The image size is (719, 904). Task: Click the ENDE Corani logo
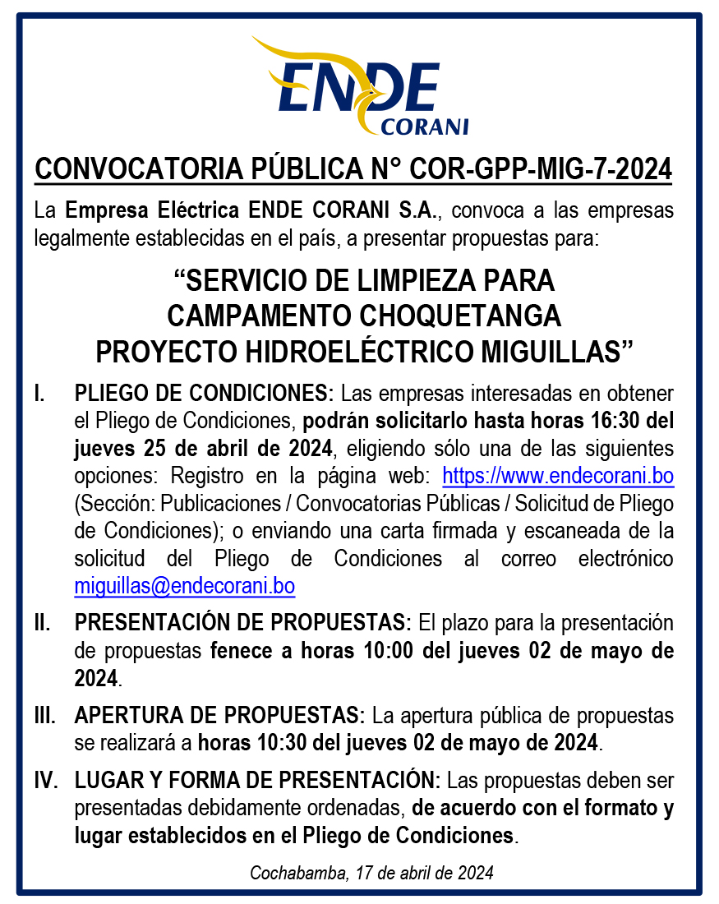pyautogui.click(x=359, y=86)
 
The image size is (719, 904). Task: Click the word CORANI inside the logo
pyautogui.click(x=426, y=127)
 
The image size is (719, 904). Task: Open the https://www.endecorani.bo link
pyautogui.click(x=558, y=476)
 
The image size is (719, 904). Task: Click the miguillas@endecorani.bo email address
pyautogui.click(x=185, y=587)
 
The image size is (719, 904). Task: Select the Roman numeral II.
pyautogui.click(x=42, y=623)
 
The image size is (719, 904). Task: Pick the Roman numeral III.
pyautogui.click(x=44, y=715)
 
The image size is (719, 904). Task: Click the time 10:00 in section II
pyautogui.click(x=390, y=651)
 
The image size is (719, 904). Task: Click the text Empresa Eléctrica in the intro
pyautogui.click(x=154, y=210)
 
